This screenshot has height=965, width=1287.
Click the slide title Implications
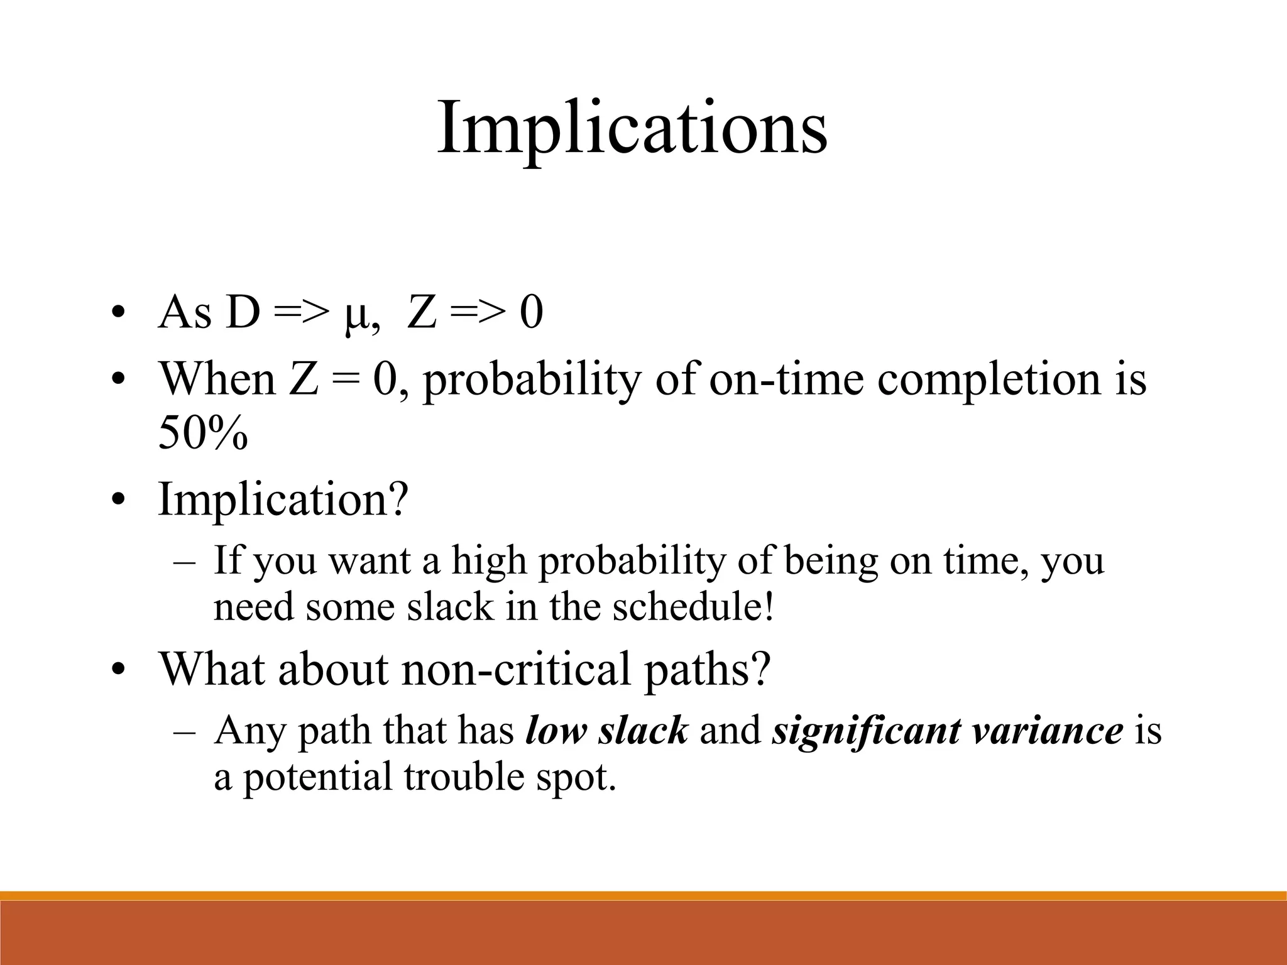(632, 128)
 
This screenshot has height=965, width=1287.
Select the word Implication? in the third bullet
(283, 499)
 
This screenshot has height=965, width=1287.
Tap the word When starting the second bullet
(217, 379)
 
